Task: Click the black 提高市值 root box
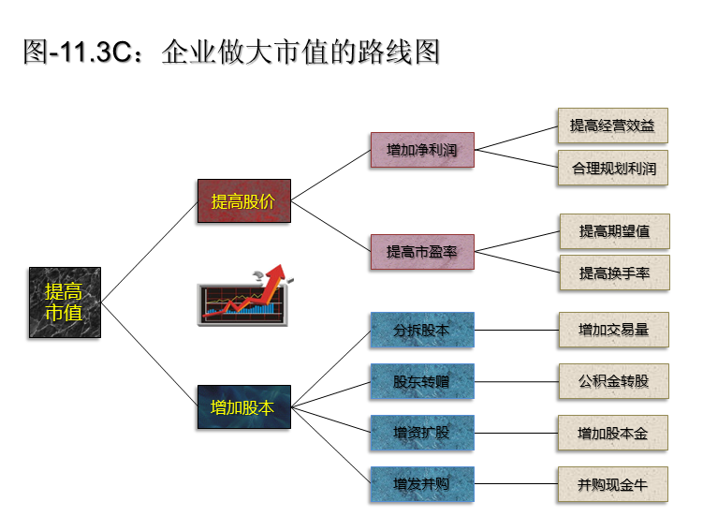coord(64,302)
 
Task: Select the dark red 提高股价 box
coord(243,200)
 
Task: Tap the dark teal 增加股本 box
coord(243,407)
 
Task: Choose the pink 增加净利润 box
coord(422,149)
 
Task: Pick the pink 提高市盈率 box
coord(422,251)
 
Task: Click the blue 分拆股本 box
coord(422,330)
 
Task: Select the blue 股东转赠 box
coord(422,381)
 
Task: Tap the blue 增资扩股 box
coord(422,433)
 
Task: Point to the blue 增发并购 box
coord(422,484)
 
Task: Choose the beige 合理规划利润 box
coord(613,169)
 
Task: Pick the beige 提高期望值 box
coord(614,230)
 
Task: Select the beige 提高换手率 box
coord(614,273)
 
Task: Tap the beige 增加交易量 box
coord(613,330)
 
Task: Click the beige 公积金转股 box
coord(613,381)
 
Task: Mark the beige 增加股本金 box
coord(613,433)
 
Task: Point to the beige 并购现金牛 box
coord(613,484)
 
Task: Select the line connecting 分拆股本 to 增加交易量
coord(516,330)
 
